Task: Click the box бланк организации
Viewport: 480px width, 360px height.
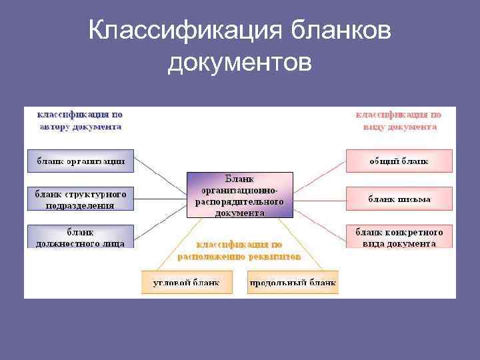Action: pyautogui.click(x=81, y=161)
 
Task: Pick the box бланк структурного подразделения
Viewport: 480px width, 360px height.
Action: pyautogui.click(x=81, y=199)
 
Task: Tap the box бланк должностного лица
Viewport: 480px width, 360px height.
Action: pyautogui.click(x=81, y=237)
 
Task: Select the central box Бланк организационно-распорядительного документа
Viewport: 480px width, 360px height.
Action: pyautogui.click(x=239, y=195)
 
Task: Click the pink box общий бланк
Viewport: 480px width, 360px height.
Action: pyautogui.click(x=399, y=161)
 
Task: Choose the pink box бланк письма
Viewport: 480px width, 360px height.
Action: pyautogui.click(x=399, y=199)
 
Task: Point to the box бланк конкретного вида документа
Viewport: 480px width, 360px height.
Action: pyautogui.click(x=399, y=237)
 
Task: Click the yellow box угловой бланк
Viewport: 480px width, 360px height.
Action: pyautogui.click(x=186, y=283)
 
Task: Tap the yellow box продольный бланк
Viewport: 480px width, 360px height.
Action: pyautogui.click(x=293, y=283)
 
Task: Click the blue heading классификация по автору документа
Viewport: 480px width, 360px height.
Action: pyautogui.click(x=79, y=120)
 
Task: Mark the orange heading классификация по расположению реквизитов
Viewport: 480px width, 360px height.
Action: pyautogui.click(x=239, y=250)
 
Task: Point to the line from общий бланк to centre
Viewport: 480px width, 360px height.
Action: pyautogui.click(x=320, y=171)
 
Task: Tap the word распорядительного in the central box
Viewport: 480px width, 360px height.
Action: pyautogui.click(x=239, y=201)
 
